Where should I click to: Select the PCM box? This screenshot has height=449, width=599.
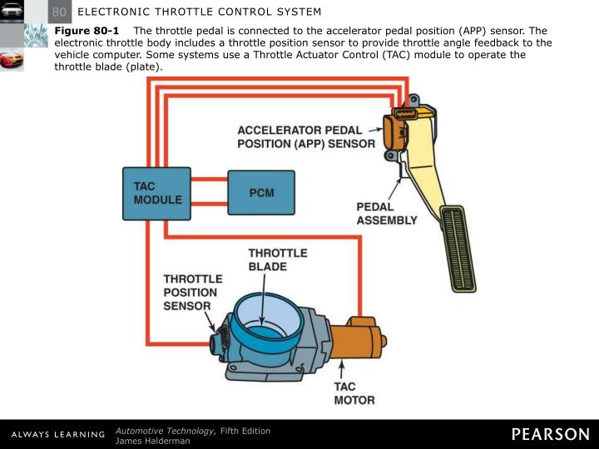click(x=261, y=193)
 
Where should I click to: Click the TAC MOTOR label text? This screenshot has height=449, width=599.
click(x=354, y=393)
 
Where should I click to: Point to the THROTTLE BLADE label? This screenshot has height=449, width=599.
click(x=278, y=259)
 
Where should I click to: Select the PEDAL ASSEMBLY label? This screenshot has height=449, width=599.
click(x=387, y=214)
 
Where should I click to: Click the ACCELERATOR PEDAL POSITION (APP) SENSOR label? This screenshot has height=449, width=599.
click(x=306, y=137)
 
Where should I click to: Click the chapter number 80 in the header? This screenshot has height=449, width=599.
click(x=59, y=12)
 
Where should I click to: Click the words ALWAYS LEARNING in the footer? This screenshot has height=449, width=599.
click(x=57, y=435)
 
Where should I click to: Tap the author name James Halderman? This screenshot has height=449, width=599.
click(x=153, y=441)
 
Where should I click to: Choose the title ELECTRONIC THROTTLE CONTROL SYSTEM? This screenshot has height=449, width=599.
click(x=199, y=12)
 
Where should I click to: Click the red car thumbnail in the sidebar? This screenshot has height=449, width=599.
click(x=12, y=61)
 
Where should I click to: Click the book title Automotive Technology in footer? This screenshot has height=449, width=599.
click(x=166, y=430)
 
